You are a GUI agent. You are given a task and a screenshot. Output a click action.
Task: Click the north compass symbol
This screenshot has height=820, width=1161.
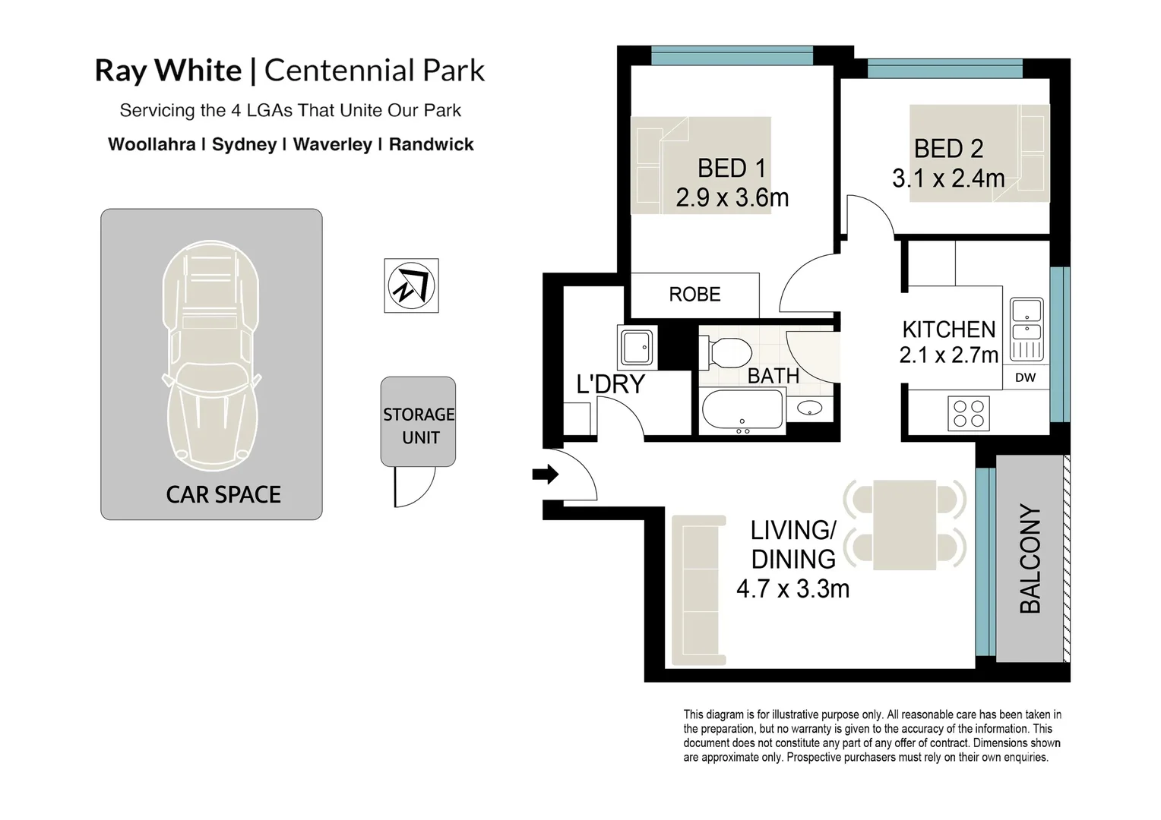pos(411,285)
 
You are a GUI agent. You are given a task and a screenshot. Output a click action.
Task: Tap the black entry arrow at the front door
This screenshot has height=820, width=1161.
pos(545,475)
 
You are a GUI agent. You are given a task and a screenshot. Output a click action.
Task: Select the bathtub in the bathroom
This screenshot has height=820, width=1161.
pos(742,411)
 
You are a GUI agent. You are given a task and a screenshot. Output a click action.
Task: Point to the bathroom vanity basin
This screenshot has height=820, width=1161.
pos(809,410)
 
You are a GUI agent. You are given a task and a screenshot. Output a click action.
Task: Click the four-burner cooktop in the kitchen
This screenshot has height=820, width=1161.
pos(968,415)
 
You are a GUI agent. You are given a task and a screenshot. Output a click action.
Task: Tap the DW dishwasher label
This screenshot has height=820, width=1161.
pos(1025,377)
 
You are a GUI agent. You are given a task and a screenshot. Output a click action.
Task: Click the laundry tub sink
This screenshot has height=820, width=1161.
pos(636,348)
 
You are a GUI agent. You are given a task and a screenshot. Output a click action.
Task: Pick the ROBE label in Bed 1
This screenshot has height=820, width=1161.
pos(694,295)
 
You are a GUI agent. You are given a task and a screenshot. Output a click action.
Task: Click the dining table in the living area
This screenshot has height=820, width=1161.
pos(904,525)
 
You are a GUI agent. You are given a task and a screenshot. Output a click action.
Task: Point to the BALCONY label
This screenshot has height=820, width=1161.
pos(1030,558)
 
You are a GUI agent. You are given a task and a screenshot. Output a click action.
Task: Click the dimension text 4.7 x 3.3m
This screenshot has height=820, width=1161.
pos(792,588)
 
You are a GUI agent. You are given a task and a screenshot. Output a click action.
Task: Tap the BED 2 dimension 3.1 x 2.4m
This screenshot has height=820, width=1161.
pos(947,179)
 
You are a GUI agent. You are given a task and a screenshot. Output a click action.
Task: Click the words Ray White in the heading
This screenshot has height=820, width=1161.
pos(168,71)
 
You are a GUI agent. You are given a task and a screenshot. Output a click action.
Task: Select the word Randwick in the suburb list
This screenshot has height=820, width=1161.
pos(431,144)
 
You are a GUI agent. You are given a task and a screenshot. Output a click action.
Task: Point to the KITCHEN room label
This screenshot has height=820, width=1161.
pos(948,330)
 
